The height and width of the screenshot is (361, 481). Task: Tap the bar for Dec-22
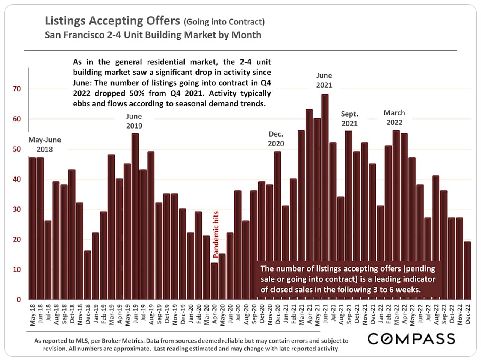(x=467, y=270)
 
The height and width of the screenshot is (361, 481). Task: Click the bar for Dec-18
(x=88, y=275)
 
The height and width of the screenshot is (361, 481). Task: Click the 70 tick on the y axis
(x=17, y=89)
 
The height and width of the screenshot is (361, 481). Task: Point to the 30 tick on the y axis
(x=17, y=209)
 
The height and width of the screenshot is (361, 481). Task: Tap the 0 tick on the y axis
(x=19, y=300)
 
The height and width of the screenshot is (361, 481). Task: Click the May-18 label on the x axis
(x=33, y=315)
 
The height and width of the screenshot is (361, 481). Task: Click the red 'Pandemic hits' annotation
(x=216, y=234)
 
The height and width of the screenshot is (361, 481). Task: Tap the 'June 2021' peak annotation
(x=324, y=80)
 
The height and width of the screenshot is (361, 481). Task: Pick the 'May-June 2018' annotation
(x=44, y=144)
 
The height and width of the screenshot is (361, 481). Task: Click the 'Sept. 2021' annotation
(x=349, y=118)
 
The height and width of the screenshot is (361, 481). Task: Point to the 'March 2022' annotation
(x=394, y=118)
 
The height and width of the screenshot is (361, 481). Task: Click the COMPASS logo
(x=411, y=339)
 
